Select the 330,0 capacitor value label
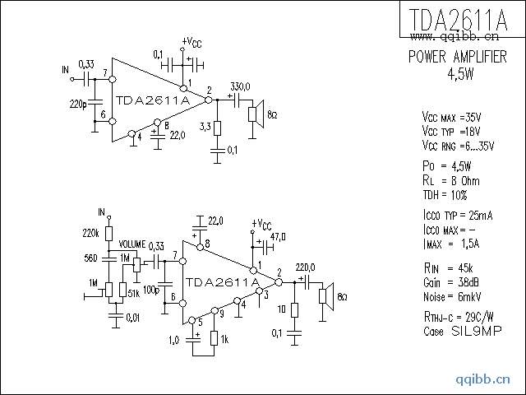click(240, 86)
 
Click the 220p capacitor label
click(78, 105)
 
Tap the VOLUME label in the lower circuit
click(131, 245)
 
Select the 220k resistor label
click(91, 234)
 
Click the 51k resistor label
click(133, 293)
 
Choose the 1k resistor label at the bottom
click(224, 339)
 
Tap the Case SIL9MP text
click(452, 332)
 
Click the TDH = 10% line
click(444, 195)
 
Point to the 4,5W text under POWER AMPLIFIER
click(460, 73)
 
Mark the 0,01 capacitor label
click(132, 318)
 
